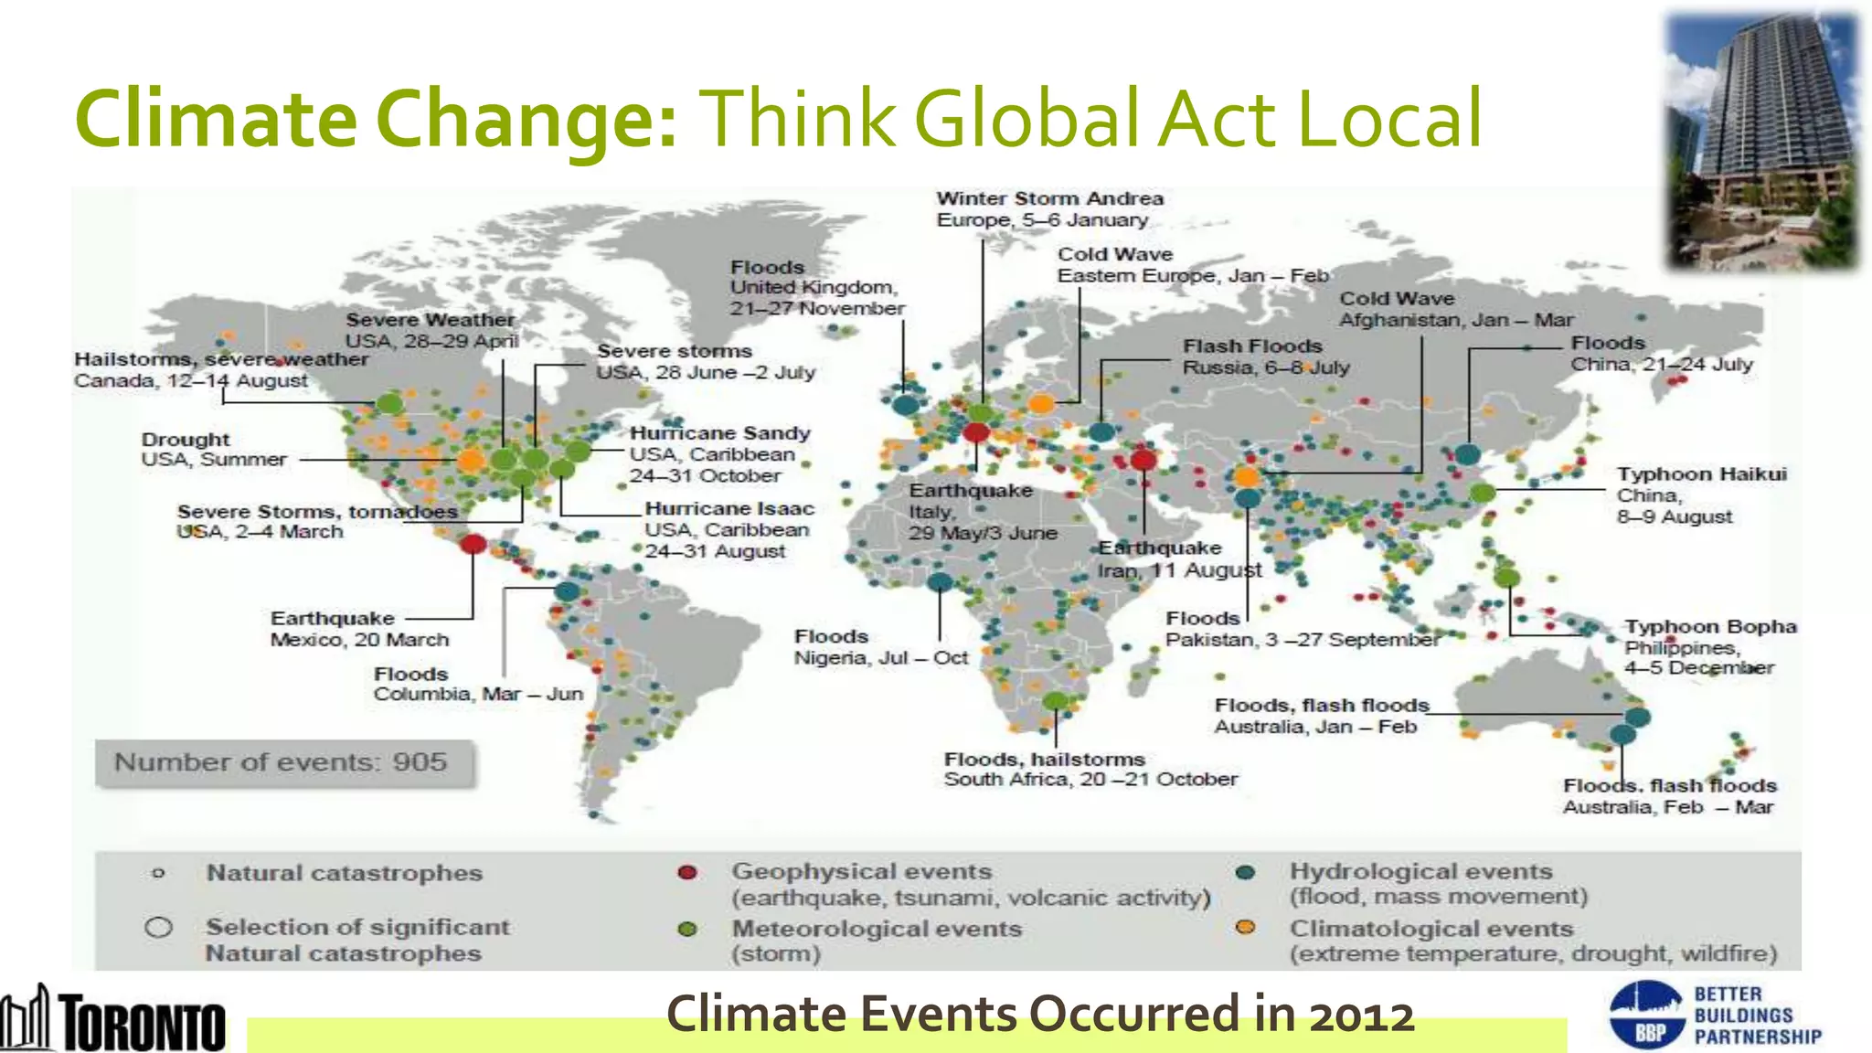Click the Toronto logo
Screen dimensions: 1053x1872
(x=113, y=1018)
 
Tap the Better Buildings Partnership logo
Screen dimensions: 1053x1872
(x=1715, y=1015)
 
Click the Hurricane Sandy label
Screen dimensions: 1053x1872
(x=718, y=454)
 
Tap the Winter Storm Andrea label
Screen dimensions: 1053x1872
(x=1049, y=209)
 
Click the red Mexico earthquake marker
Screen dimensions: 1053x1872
(x=473, y=545)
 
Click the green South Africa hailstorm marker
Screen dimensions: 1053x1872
(x=1056, y=701)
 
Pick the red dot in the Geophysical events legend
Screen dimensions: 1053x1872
(x=687, y=873)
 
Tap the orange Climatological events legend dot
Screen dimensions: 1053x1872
(x=1245, y=928)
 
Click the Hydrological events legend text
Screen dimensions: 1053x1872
(x=1437, y=883)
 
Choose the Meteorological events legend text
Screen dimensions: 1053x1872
(x=875, y=940)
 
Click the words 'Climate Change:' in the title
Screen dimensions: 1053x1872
(x=376, y=119)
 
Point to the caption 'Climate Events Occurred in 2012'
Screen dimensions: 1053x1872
(x=1039, y=1014)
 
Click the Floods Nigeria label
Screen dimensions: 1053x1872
(x=879, y=647)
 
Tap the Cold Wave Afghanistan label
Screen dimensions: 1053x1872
(x=1455, y=309)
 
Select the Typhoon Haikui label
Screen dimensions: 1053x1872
(x=1700, y=495)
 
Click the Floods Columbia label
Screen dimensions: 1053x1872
(x=477, y=684)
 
